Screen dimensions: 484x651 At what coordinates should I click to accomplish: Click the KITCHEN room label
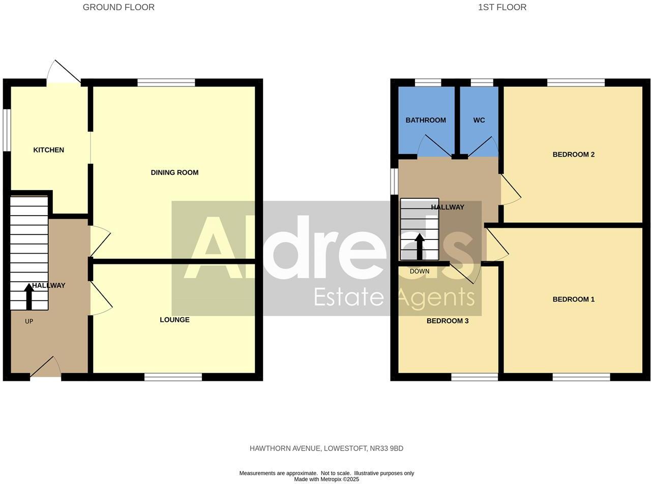(49, 150)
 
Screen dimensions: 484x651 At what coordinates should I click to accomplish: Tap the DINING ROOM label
(174, 172)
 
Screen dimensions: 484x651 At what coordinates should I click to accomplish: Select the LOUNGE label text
(174, 320)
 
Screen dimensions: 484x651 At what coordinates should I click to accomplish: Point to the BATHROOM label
(426, 120)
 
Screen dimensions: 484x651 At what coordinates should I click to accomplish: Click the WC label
(479, 120)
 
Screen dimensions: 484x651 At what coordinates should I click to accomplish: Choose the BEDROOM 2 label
(573, 155)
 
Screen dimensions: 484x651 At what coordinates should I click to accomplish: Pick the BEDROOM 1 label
(573, 299)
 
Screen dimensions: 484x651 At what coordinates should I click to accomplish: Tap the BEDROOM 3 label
(448, 321)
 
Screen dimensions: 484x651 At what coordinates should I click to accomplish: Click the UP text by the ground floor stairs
(29, 321)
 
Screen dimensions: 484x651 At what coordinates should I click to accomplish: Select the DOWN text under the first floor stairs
(420, 271)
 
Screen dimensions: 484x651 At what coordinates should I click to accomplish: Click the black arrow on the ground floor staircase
(29, 296)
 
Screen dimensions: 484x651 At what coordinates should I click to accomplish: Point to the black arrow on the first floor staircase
(420, 247)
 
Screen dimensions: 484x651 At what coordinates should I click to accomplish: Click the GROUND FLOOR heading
(119, 7)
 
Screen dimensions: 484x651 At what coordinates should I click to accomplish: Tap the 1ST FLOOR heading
(502, 7)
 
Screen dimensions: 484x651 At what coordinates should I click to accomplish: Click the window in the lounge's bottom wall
(173, 377)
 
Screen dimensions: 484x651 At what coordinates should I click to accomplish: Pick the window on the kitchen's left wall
(7, 130)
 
